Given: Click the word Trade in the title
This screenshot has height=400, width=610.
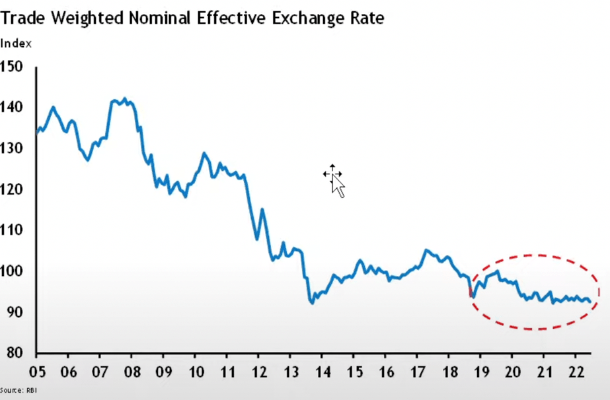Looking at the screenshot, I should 22,17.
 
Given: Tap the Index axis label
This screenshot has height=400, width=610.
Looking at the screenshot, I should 15,44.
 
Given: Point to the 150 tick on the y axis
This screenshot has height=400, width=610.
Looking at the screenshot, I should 11,66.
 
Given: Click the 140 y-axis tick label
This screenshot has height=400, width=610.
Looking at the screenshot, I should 11,107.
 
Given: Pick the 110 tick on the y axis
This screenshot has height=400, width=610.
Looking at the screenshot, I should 11,230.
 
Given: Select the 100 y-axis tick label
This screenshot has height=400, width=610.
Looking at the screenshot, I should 11,271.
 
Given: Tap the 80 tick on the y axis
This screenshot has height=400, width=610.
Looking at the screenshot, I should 11,352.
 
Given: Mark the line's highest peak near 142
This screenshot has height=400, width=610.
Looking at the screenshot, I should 125,99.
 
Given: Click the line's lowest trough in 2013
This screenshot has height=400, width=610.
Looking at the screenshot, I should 311,303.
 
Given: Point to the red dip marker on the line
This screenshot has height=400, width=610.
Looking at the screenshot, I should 471,293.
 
